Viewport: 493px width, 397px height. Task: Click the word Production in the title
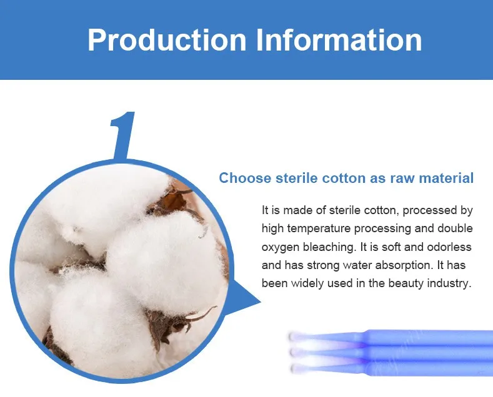(x=167, y=40)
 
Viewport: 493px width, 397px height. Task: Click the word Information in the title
(x=339, y=40)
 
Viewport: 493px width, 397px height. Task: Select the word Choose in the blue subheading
(x=245, y=178)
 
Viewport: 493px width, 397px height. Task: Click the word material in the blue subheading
(x=446, y=178)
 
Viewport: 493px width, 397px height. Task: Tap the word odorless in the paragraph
(x=449, y=247)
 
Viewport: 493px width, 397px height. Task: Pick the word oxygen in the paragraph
(x=281, y=247)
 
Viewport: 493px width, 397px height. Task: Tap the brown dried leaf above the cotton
(x=175, y=200)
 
